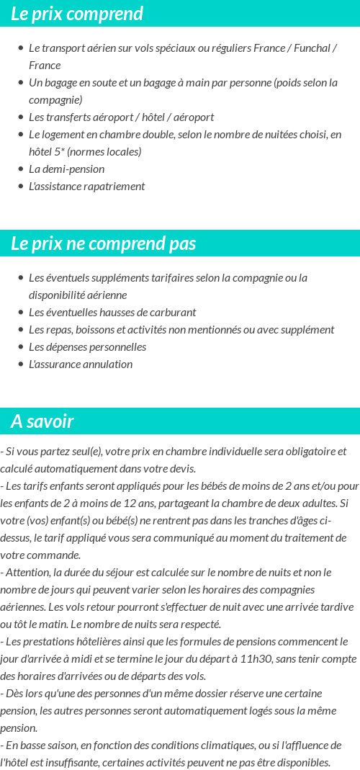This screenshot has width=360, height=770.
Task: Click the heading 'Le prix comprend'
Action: click(x=77, y=14)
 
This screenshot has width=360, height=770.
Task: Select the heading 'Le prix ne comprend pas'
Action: click(x=103, y=243)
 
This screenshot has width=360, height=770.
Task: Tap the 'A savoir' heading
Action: click(x=42, y=421)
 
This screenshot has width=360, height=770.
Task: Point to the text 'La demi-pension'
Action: click(x=66, y=169)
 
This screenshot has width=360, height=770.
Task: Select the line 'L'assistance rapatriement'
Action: click(x=86, y=187)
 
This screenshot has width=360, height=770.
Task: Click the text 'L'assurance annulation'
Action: click(x=81, y=364)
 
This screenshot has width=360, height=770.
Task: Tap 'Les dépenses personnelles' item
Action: click(x=87, y=347)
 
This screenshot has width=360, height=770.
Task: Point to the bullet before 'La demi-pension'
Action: click(x=21, y=169)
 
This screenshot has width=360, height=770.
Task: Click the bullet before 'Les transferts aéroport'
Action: click(x=21, y=117)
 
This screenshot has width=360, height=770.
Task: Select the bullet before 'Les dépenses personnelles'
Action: click(x=21, y=347)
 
